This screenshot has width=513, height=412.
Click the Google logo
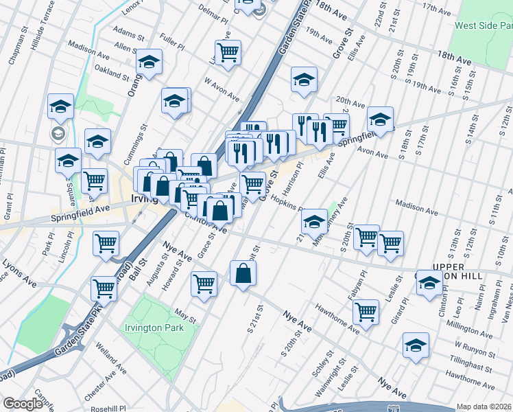click(23, 404)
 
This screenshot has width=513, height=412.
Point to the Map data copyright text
click(484, 407)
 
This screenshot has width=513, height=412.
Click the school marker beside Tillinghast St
click(416, 346)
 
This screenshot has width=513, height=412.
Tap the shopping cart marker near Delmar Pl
click(228, 52)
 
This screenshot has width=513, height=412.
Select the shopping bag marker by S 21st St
click(244, 274)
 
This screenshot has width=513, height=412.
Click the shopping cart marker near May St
click(204, 283)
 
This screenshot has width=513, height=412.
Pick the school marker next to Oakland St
click(149, 62)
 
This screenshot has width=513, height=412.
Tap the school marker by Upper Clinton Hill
click(430, 284)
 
